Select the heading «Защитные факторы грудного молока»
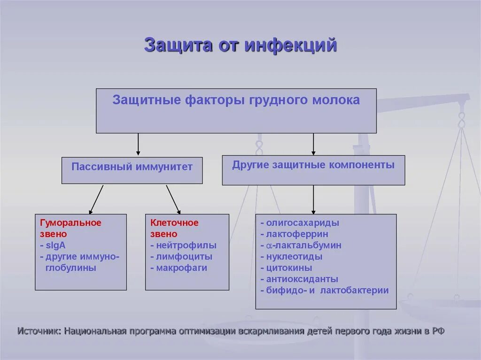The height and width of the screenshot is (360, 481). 236,100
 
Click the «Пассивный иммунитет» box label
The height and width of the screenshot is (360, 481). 132,167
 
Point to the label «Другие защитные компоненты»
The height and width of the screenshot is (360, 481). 313,165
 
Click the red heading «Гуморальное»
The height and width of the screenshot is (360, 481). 70,222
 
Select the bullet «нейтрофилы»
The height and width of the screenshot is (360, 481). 186,245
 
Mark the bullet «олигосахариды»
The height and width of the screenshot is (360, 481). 302,223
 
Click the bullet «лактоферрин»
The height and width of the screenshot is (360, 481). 297,234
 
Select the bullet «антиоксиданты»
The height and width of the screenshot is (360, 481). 302,279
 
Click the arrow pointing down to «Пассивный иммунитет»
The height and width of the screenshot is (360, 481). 138,145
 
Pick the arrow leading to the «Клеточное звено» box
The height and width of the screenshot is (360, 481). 173,199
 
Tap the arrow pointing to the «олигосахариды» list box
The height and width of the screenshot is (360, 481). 313,199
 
